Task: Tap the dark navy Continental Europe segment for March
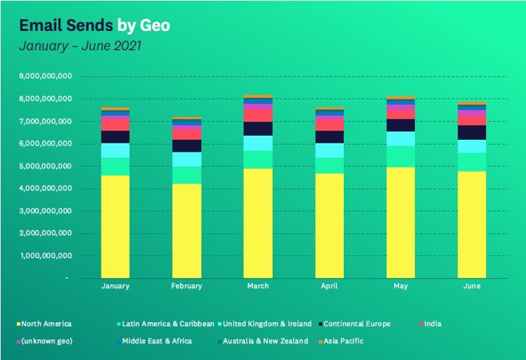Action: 258,129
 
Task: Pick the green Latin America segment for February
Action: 186,175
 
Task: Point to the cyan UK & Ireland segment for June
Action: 472,146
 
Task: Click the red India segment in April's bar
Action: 329,125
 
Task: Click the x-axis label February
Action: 186,286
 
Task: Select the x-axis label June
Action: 472,286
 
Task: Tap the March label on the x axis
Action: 258,286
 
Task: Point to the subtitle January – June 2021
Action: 81,47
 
